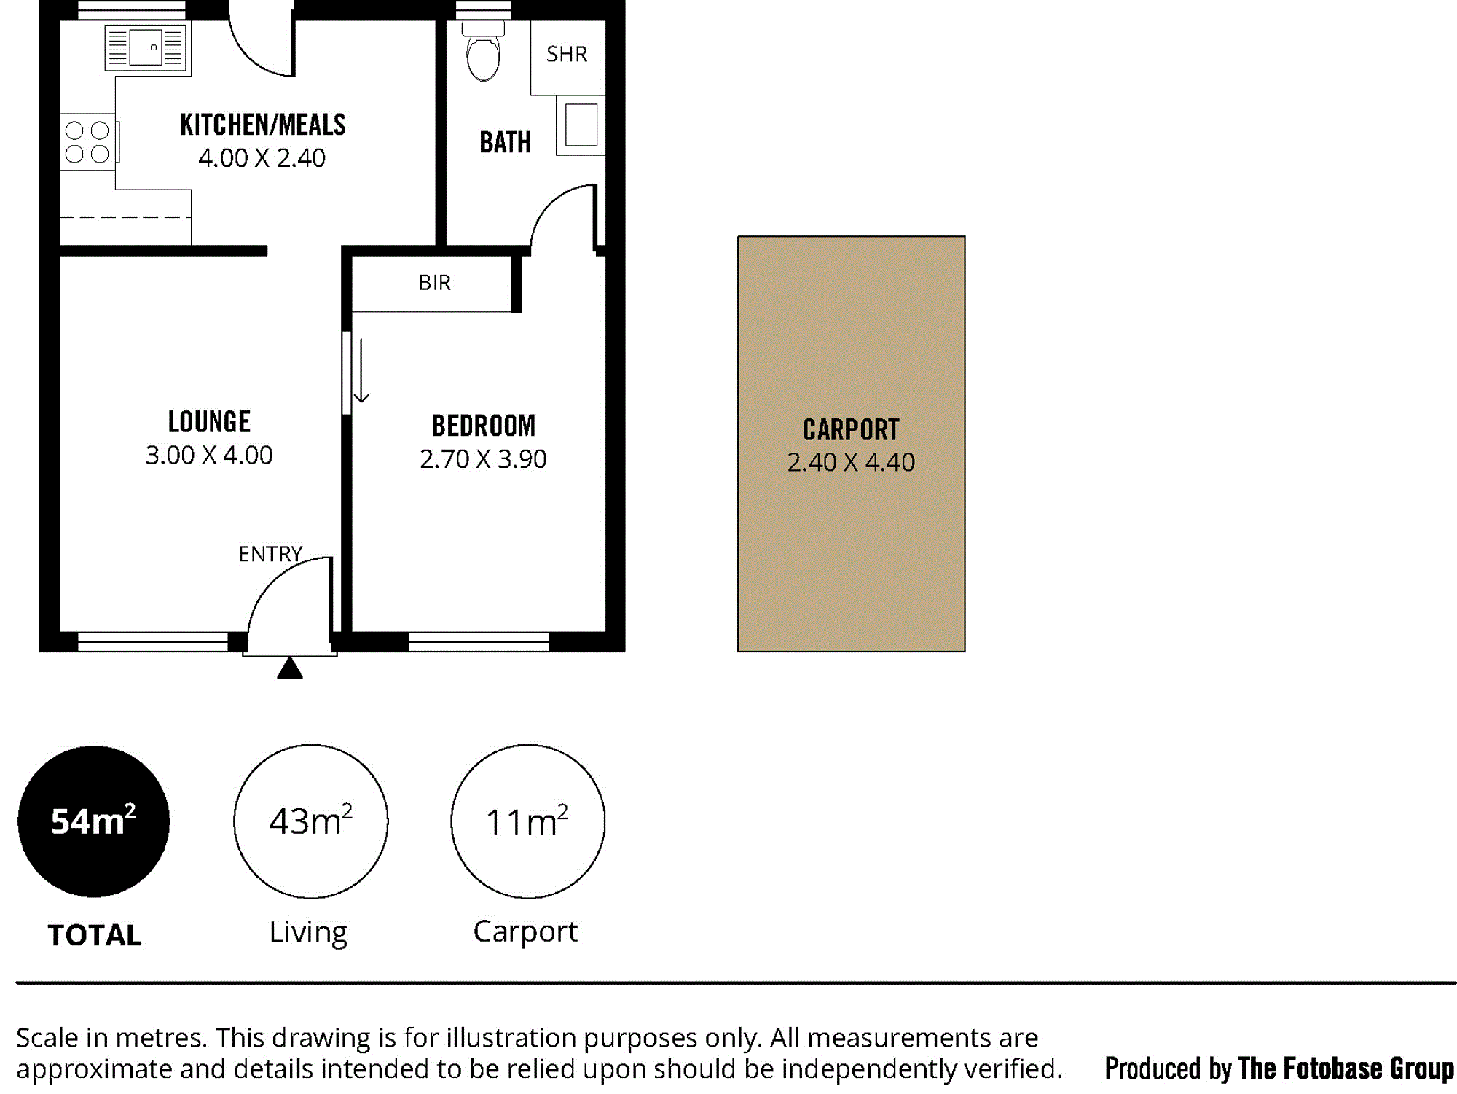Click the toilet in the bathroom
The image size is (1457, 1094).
483,51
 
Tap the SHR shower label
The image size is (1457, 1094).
567,54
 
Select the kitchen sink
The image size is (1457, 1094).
146,47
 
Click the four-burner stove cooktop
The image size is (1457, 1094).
87,142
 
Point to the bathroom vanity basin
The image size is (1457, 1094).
581,125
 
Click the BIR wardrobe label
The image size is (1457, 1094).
435,282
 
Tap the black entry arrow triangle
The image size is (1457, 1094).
290,668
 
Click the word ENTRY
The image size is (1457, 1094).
270,554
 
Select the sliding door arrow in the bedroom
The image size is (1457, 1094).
361,370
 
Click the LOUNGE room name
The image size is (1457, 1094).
209,421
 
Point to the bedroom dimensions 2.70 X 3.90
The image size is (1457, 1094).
483,459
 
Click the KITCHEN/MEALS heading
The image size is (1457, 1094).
263,125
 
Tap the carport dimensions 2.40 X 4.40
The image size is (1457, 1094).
851,462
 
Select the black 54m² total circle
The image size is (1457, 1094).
94,821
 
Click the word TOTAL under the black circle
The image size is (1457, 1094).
95,935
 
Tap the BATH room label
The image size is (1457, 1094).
505,142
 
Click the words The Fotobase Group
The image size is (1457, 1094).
1346,1068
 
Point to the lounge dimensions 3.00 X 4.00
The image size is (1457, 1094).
209,455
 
